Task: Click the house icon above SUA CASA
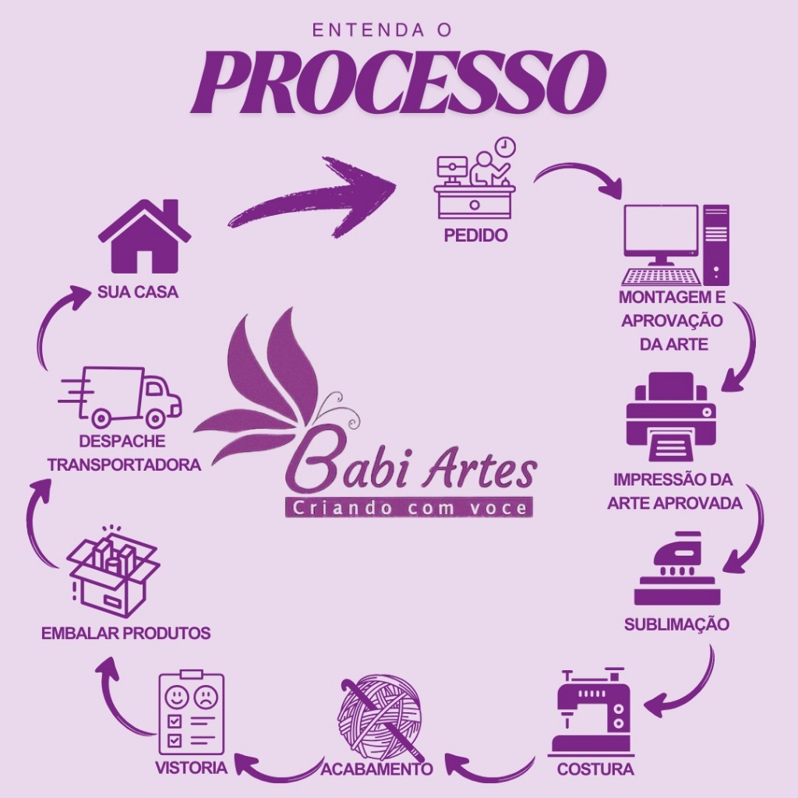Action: coord(144,238)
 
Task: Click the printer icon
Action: coord(671,417)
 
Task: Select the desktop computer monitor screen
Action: coord(660,230)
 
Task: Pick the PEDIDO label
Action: coord(475,235)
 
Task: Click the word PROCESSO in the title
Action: coord(398,82)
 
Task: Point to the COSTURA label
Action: coord(595,769)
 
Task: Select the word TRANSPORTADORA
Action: coord(124,464)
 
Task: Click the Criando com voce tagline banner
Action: coord(408,508)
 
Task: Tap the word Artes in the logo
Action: coord(484,469)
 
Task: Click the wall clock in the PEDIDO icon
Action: coord(506,146)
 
